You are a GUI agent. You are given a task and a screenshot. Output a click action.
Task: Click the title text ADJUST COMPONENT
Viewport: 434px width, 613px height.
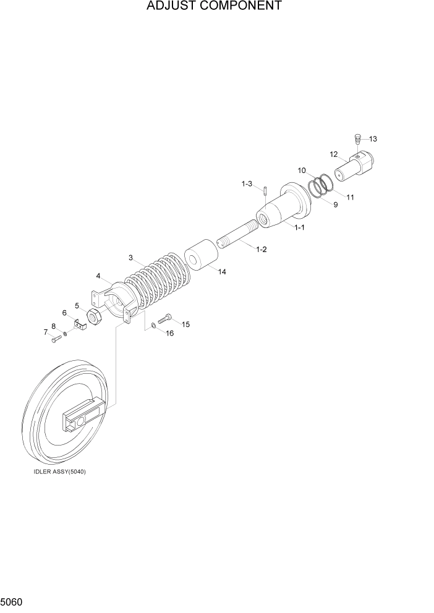coord(215,7)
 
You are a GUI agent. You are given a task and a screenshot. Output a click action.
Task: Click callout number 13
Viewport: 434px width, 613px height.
coord(373,139)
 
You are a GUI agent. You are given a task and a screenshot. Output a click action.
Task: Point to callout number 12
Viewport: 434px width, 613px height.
coord(334,154)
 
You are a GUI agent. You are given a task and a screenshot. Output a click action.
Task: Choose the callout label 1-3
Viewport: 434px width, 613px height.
coord(247,184)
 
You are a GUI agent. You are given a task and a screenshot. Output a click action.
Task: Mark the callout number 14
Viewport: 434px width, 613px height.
coord(221,271)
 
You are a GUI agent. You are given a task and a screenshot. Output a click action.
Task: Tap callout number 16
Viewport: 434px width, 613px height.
coord(169,333)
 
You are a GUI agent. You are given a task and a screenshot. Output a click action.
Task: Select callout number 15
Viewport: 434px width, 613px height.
coord(185,324)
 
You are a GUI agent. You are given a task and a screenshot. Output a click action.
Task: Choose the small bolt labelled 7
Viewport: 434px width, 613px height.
coord(55,338)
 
